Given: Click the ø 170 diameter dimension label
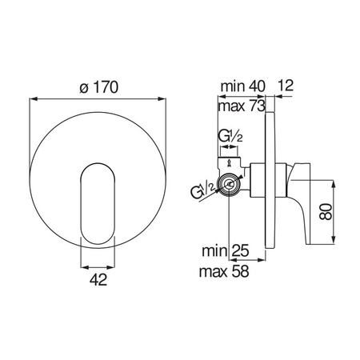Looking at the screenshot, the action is [98, 87].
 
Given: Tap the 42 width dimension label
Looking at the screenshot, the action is [98, 280].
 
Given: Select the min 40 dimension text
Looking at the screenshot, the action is [243, 86].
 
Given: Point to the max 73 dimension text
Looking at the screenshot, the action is [242, 106].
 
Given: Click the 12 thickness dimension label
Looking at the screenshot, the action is [285, 86].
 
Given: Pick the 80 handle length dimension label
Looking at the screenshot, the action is [326, 212].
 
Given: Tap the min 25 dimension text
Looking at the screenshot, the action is [226, 250].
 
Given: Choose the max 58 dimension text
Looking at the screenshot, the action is [224, 271].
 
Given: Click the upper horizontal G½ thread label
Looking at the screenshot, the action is [230, 136].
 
